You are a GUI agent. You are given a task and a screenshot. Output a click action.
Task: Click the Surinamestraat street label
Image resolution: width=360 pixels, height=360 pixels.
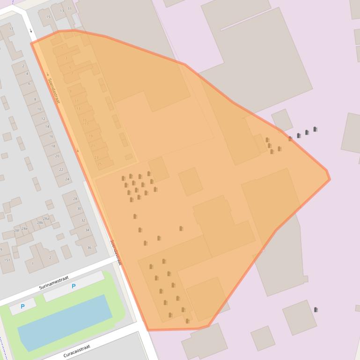54,282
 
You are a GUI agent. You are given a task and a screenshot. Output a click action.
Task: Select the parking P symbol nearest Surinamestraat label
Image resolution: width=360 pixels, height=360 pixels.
73,286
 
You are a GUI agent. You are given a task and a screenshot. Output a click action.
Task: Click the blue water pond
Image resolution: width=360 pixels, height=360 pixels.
65,322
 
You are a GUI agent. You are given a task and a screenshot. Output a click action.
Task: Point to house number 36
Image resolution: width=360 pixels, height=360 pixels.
89,248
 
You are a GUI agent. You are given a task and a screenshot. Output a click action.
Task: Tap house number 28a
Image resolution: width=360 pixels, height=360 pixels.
46,219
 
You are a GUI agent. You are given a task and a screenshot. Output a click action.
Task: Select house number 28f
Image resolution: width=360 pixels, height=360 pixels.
17,230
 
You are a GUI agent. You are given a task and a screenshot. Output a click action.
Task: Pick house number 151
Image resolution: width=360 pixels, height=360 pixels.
7,260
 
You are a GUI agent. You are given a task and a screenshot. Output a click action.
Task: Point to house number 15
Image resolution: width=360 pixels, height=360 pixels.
48,17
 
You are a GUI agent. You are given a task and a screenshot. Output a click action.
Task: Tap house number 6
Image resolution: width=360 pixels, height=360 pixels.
29,84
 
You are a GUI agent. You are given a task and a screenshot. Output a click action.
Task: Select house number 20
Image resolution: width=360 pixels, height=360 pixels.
57,156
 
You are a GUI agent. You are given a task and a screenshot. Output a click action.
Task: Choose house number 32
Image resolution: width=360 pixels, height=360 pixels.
83,220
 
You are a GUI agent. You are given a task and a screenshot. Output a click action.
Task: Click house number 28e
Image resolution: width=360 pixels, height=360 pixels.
25,229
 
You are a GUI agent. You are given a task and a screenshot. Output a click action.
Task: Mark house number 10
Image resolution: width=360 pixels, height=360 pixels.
39,109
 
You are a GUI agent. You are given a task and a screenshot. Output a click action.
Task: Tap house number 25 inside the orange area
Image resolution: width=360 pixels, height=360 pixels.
99,164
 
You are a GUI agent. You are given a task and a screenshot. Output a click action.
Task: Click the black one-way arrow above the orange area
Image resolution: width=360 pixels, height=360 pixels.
31,31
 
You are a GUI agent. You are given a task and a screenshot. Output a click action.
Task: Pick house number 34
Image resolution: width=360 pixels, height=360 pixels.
87,230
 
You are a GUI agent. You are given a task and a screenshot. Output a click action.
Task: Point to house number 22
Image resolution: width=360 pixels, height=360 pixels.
61,170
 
